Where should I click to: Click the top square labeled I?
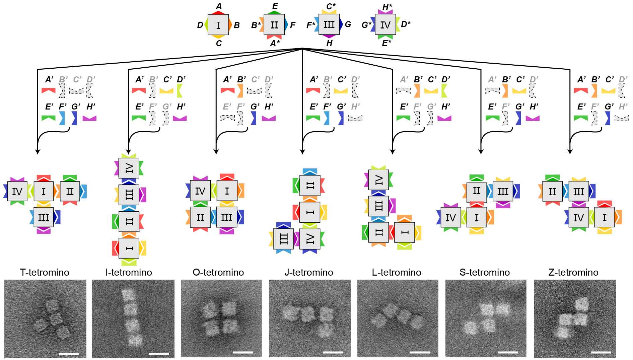click(218, 24)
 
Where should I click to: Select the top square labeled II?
click(274, 24)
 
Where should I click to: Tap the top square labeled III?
click(329, 24)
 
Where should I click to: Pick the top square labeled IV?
click(385, 24)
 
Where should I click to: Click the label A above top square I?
click(219, 6)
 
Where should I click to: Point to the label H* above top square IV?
click(387, 6)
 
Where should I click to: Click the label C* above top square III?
click(331, 6)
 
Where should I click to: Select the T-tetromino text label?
click(45, 272)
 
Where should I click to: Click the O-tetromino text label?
click(218, 272)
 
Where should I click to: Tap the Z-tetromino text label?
click(573, 272)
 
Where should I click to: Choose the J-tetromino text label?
click(309, 272)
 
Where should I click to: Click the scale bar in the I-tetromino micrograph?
click(159, 353)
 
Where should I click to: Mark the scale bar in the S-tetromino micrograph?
click(508, 352)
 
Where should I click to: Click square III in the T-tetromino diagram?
click(44, 217)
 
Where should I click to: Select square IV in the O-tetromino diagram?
click(200, 191)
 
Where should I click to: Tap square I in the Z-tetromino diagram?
click(605, 218)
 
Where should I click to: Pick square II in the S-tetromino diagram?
click(476, 191)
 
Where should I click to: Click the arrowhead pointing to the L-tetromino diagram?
click(393, 151)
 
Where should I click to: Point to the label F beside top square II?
click(292, 25)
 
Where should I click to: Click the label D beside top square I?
click(200, 25)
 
